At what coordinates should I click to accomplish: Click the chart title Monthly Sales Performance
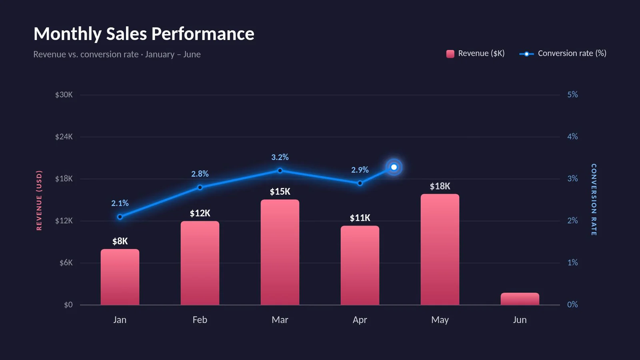point(144,34)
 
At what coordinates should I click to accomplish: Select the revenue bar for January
point(120,277)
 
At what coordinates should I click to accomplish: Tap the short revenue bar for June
point(520,299)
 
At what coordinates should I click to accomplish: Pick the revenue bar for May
point(440,250)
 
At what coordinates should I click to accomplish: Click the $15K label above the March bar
point(280,192)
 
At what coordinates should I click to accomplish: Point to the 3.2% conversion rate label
point(280,157)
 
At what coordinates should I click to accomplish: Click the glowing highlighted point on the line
point(394,167)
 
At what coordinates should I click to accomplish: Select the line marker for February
point(200,188)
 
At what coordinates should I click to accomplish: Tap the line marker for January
point(120,217)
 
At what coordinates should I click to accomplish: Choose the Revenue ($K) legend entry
point(476,54)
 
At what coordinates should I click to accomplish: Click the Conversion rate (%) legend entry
point(563,54)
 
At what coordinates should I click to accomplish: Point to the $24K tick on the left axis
point(64,137)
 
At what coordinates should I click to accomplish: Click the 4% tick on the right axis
point(572,136)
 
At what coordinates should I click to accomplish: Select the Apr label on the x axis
point(360,320)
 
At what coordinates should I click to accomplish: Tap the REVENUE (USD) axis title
point(39,200)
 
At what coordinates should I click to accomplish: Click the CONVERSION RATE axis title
point(594,200)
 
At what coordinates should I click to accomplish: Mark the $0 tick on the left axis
point(68,305)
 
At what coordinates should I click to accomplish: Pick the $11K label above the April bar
point(360,218)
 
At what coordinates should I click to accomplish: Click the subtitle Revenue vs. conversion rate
point(86,54)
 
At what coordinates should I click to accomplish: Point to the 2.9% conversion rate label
point(360,170)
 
